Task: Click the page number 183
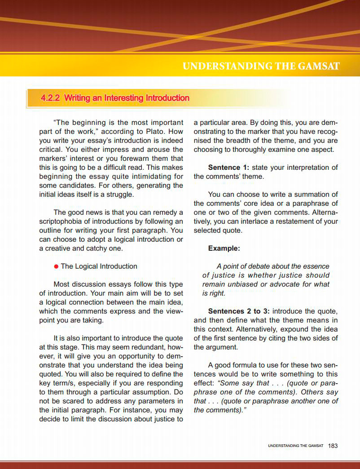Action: (333, 446)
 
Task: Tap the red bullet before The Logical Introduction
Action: (56, 266)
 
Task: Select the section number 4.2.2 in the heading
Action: (51, 98)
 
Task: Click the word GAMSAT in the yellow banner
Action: (318, 67)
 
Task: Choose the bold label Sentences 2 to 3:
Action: (239, 311)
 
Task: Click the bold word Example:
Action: (224, 248)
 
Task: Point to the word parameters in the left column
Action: (158, 401)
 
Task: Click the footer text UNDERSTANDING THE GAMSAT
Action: (295, 446)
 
